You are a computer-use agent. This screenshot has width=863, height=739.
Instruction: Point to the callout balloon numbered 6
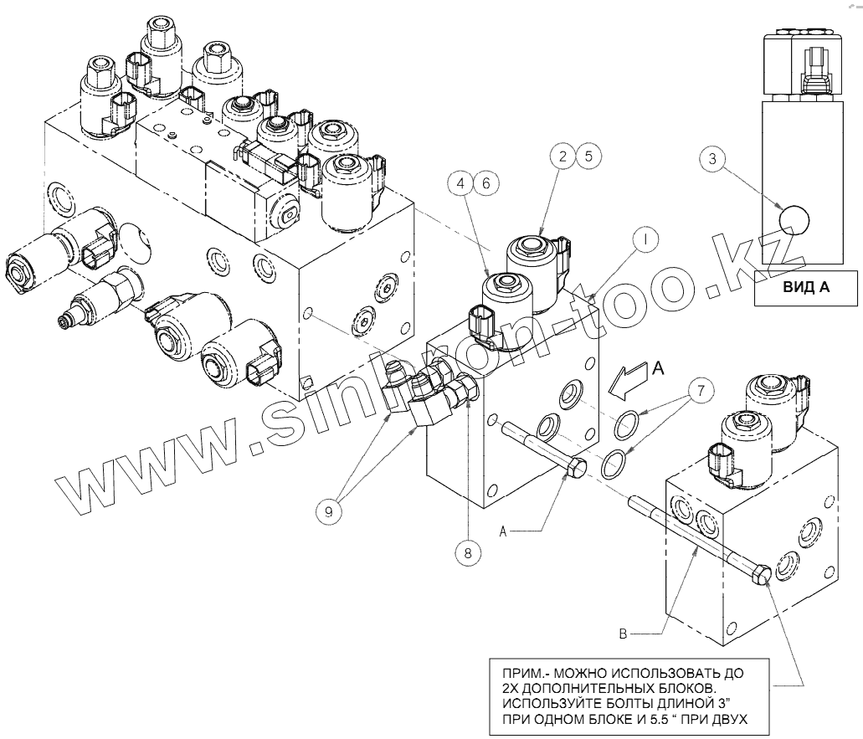488,182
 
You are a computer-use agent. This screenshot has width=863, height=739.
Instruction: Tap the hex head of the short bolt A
577,470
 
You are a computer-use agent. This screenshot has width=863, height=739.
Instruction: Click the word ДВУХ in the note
724,718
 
